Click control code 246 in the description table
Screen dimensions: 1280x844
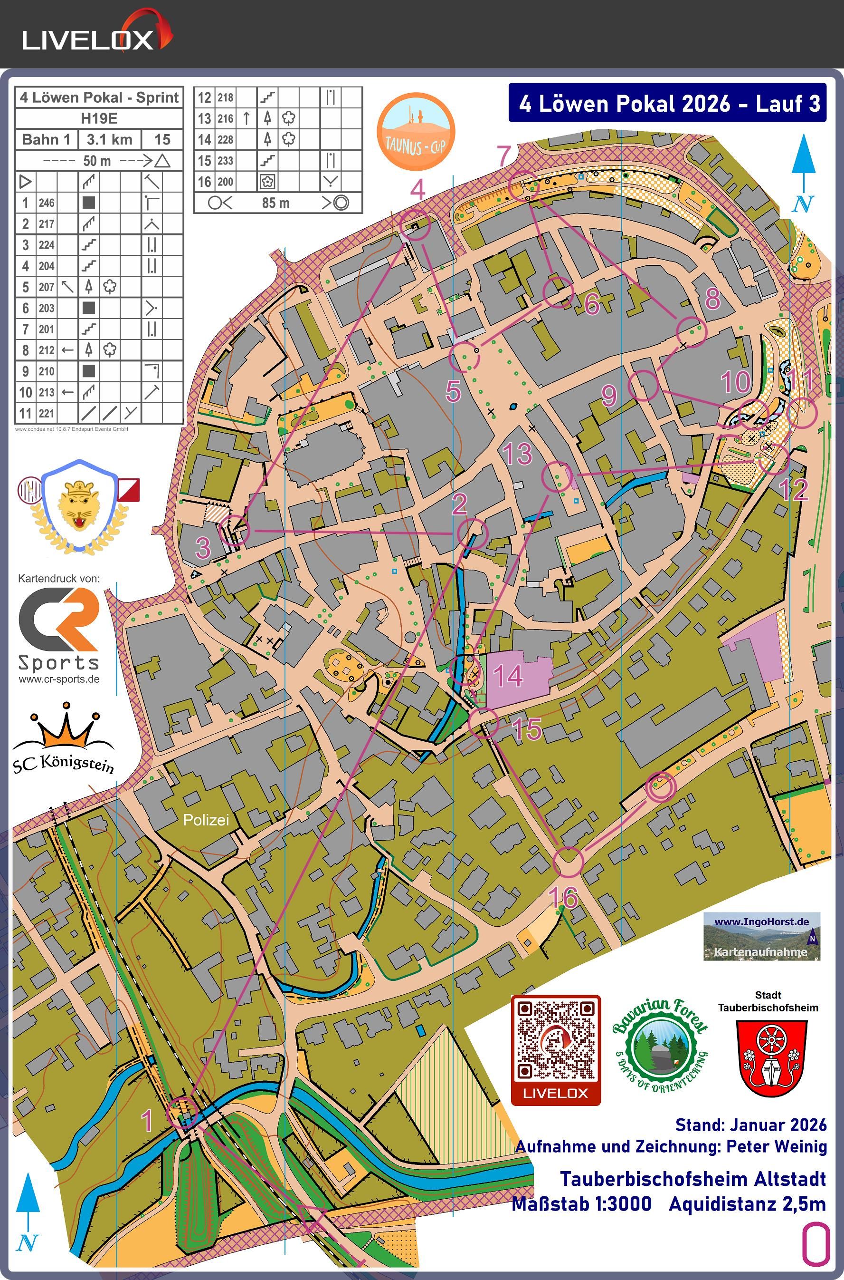tap(46, 203)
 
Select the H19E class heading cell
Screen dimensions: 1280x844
tap(99, 118)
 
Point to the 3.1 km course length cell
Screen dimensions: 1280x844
tap(109, 139)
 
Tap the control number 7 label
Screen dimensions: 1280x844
tap(504, 156)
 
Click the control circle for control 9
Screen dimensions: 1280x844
tap(644, 386)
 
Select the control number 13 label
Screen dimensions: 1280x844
tap(517, 454)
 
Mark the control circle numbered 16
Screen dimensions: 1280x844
tap(568, 862)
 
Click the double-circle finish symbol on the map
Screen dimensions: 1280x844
tap(661, 786)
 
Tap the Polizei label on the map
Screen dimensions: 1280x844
tap(206, 820)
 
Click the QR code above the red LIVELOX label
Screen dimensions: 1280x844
tap(556, 1039)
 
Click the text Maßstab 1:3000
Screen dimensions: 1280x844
tap(581, 1203)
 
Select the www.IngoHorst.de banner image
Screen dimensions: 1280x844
tap(761, 936)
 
